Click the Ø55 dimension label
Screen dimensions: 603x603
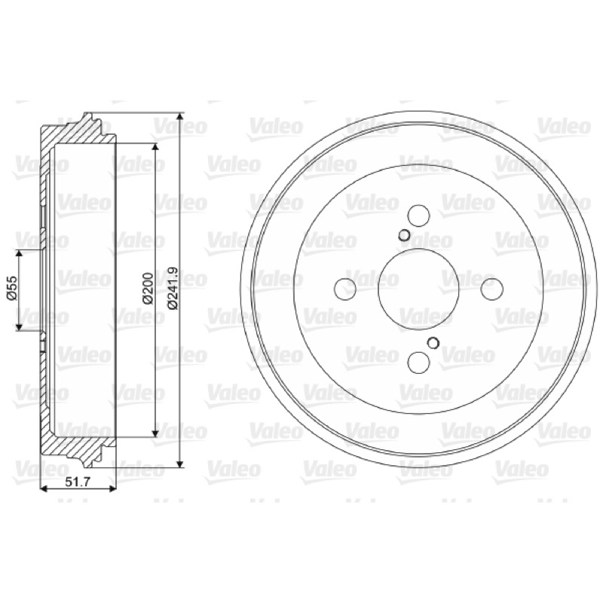12,288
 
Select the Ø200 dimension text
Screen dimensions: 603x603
148,289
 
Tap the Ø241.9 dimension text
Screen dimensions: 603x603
173,288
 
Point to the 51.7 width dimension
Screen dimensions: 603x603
78,482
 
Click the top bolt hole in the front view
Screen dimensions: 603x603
419,216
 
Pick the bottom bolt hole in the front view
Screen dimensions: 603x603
419,363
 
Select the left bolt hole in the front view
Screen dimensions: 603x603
345,289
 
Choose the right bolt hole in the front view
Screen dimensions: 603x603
492,289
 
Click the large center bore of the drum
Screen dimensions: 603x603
419,289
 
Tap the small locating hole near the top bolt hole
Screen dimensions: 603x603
404,235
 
